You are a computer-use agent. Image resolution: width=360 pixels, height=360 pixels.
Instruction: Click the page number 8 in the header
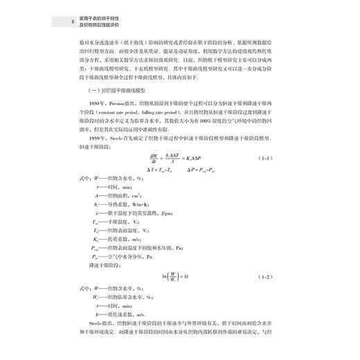point(64,20)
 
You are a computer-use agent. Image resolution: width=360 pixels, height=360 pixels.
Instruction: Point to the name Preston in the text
point(119,103)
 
